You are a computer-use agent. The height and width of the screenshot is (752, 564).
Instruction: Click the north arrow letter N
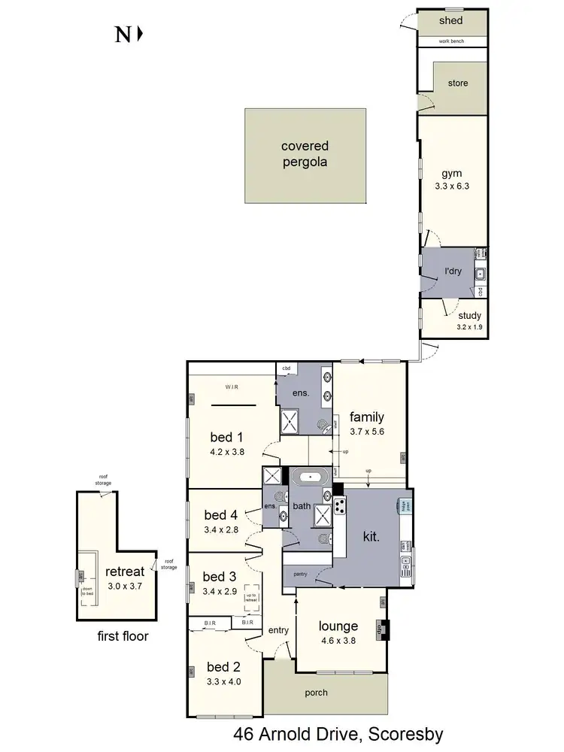(122, 35)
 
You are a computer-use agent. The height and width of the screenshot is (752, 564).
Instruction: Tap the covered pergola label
(305, 154)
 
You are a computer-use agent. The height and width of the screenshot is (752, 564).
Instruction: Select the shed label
(451, 20)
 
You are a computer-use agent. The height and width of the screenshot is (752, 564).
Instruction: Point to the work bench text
(451, 41)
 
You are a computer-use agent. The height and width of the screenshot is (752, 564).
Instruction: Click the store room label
(457, 83)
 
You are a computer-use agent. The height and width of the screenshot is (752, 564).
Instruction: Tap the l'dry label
(453, 271)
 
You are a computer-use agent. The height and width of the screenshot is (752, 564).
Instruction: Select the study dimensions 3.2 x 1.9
(468, 327)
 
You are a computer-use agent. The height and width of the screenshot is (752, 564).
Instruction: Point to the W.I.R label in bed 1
(231, 387)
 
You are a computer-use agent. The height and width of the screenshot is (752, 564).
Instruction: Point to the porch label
(317, 693)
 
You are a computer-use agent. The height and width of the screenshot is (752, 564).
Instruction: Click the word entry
(278, 630)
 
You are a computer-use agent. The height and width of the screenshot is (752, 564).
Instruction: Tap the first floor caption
(123, 636)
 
